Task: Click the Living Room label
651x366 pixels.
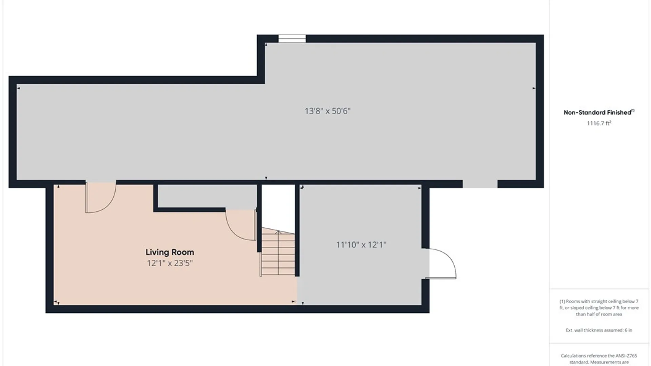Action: point(170,252)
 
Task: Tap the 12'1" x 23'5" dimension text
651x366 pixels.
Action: point(170,263)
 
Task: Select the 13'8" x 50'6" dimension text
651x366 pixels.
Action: point(328,111)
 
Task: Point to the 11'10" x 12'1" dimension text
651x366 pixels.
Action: point(361,245)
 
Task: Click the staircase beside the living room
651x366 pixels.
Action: point(278,251)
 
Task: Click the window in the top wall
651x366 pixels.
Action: point(292,39)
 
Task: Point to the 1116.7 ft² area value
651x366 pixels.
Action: point(599,123)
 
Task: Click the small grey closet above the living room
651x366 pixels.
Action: point(207,196)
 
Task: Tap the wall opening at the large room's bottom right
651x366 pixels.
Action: point(480,184)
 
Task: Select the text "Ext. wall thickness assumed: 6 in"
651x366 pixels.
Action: point(599,330)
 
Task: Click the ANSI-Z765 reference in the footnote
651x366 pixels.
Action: point(624,356)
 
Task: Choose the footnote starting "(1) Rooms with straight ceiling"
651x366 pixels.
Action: point(599,308)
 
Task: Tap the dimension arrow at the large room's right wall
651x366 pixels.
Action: point(534,88)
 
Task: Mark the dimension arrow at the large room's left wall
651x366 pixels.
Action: point(18,88)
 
